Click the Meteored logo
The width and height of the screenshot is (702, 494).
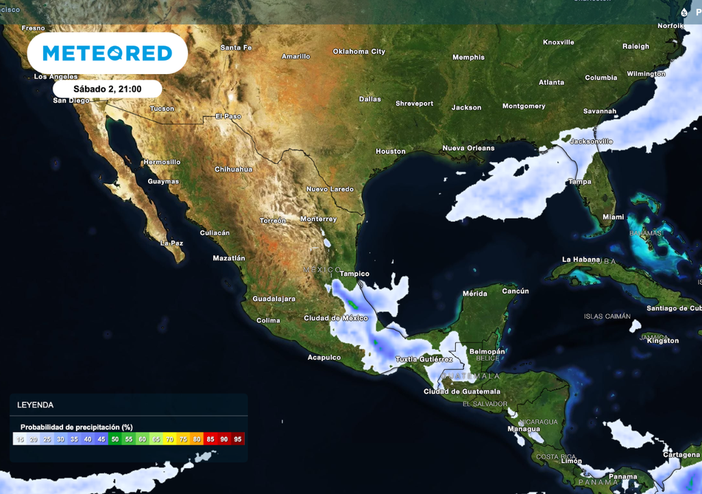(x=107, y=53)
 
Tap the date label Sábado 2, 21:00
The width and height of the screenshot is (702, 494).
(x=107, y=89)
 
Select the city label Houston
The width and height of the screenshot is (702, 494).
(x=390, y=151)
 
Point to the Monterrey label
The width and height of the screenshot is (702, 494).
(x=318, y=219)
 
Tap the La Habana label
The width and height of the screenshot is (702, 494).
(x=581, y=259)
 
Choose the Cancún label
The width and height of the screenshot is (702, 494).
(x=515, y=291)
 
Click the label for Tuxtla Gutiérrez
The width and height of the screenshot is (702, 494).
(x=424, y=360)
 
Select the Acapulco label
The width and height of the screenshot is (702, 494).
(x=324, y=357)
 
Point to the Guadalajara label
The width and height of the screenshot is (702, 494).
(x=274, y=298)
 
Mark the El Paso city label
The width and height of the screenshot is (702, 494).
(x=228, y=116)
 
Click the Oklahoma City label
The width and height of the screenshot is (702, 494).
(x=359, y=51)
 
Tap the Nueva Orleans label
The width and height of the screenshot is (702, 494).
(x=468, y=148)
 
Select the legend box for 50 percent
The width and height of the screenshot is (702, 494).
(x=114, y=439)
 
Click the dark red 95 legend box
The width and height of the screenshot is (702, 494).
(x=238, y=439)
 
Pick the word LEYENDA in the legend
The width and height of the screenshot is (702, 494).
(x=35, y=405)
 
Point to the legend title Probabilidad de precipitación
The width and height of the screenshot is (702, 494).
(x=76, y=427)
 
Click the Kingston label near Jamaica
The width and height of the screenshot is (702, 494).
(x=662, y=340)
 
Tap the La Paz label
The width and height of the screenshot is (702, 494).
(x=171, y=243)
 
